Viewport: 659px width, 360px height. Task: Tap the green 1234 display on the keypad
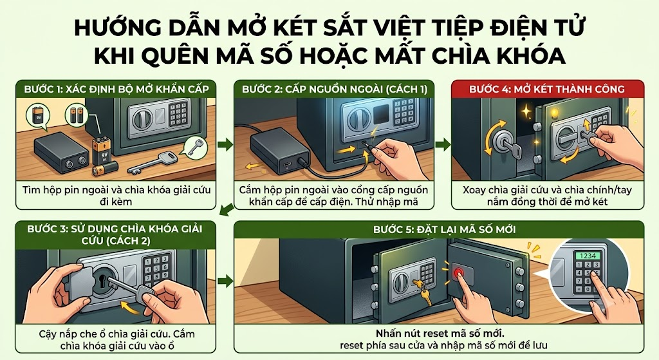pos(588,256)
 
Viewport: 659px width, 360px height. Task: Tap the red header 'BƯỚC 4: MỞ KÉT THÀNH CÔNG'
pos(547,89)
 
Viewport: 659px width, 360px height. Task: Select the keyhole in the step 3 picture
pos(102,281)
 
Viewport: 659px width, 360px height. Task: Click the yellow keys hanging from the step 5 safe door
pos(423,291)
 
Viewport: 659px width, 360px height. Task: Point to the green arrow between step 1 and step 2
pos(225,145)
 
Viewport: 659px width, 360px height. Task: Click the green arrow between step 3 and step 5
pos(225,281)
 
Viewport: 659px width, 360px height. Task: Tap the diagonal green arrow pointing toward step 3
pos(227,209)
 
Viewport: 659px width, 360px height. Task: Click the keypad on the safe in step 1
pos(178,113)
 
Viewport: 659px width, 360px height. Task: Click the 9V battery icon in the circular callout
pos(38,116)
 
